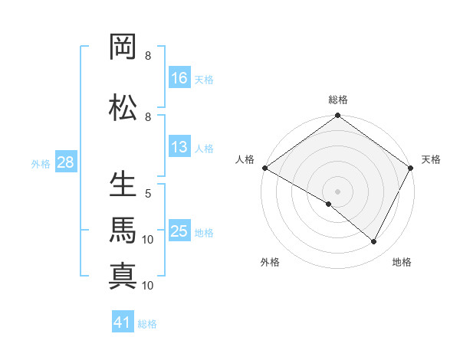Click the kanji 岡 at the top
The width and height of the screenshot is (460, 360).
tap(123, 47)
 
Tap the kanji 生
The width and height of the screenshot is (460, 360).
tap(123, 185)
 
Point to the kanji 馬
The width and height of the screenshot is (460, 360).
tap(123, 231)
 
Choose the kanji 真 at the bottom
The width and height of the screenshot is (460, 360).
tap(123, 275)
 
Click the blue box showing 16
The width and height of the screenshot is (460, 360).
tap(180, 78)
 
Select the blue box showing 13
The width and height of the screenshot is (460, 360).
tap(180, 147)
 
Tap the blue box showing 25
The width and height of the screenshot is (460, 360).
tap(180, 232)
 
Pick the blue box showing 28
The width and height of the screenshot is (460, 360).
tap(66, 163)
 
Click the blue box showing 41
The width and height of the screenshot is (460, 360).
tap(123, 322)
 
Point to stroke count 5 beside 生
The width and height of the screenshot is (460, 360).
tap(148, 194)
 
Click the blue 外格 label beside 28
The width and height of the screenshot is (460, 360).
tap(41, 164)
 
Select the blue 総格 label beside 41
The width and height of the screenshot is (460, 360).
tap(147, 323)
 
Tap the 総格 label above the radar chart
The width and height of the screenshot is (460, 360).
tap(338, 100)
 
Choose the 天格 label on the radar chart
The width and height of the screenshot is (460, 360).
tap(431, 159)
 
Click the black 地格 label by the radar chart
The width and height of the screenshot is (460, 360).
tap(402, 262)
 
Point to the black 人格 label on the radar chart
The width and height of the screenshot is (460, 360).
tap(245, 159)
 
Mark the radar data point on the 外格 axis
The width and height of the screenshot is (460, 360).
tap(329, 204)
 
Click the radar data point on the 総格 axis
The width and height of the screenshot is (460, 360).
tap(338, 116)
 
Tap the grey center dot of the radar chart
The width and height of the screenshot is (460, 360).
tap(338, 191)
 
